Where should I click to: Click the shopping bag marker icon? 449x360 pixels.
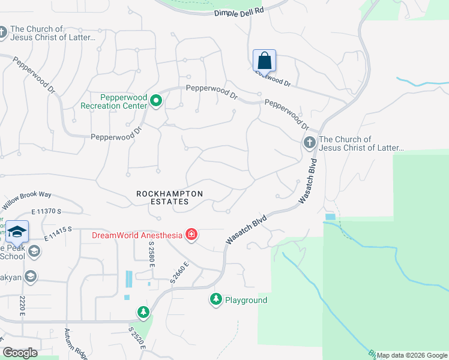pos(264,61)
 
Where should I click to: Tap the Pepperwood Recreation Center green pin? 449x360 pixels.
pos(156,100)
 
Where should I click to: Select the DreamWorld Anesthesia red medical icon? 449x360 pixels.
pos(191,235)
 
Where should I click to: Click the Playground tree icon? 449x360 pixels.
pos(215,299)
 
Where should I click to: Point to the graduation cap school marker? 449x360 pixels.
pos(17,232)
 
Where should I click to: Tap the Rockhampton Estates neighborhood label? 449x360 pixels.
pos(170,197)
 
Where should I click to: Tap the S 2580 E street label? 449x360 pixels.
pos(152,259)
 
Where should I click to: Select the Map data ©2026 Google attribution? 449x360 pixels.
pos(412,355)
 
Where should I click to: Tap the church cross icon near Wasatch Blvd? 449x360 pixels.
pos(309,143)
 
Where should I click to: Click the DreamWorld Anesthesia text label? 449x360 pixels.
pos(137,235)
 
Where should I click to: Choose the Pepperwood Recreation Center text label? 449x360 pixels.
pos(114,101)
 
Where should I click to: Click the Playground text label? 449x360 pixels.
pos(247,300)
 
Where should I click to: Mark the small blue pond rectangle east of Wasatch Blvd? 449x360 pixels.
pos(330,217)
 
